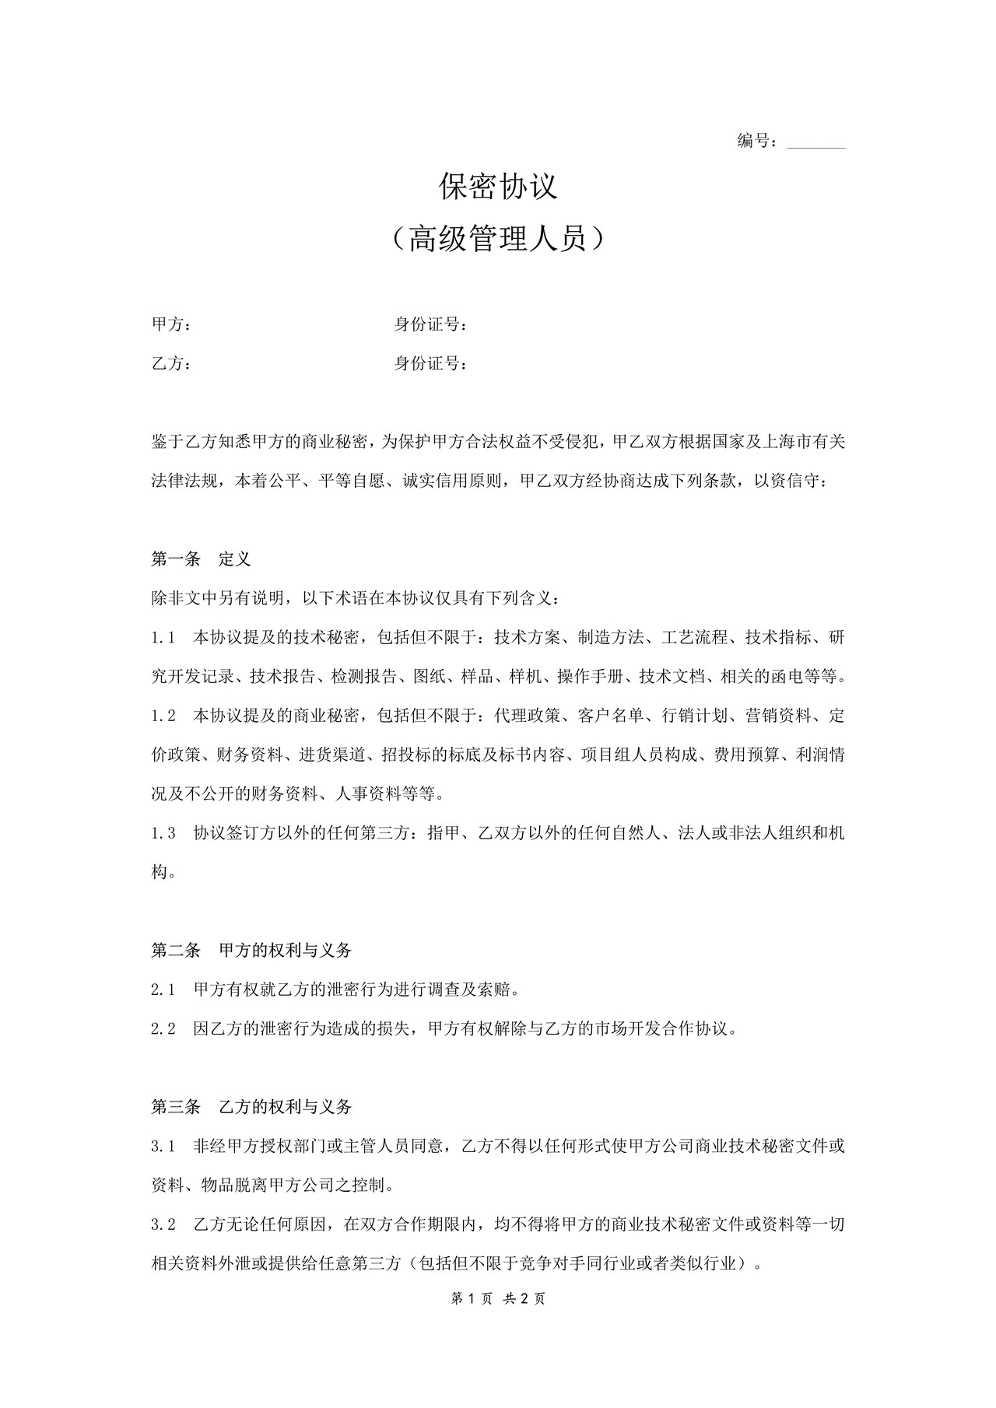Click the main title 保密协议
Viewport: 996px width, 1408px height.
(x=498, y=187)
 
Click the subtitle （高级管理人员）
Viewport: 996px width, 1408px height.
(x=498, y=240)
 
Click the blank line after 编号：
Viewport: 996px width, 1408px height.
(x=815, y=142)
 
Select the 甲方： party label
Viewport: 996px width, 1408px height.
(x=171, y=324)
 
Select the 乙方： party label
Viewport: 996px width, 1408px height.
(x=171, y=363)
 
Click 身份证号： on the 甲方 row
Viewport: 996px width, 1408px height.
(x=431, y=324)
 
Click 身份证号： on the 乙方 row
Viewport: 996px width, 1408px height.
(x=431, y=363)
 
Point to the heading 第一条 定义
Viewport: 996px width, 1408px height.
(x=201, y=559)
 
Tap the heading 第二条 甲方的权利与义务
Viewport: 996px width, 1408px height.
(x=251, y=950)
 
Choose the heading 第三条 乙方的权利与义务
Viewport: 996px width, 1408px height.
(x=251, y=1106)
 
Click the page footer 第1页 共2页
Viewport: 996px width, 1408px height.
(x=498, y=1298)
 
